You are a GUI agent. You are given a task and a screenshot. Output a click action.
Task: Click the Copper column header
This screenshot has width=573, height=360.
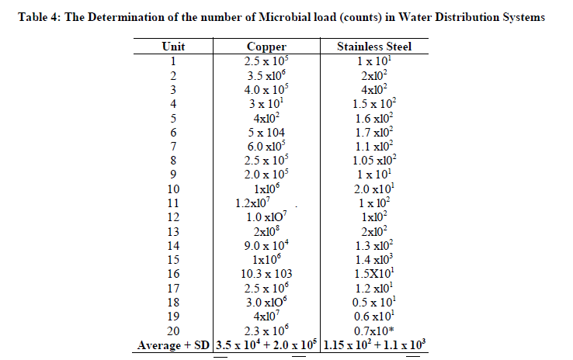tap(266, 46)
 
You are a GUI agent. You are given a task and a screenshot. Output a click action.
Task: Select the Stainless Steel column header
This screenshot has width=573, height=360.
tap(374, 46)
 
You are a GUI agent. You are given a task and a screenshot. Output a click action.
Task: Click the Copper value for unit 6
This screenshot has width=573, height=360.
tap(266, 132)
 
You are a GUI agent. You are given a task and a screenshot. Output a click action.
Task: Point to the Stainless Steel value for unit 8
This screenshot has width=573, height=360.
tap(374, 160)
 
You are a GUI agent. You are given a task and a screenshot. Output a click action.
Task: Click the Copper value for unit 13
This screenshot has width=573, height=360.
tap(266, 230)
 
